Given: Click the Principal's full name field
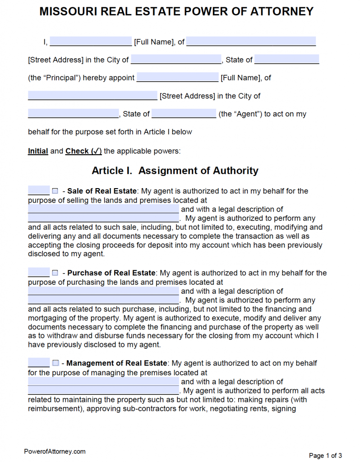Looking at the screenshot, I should coord(91,42).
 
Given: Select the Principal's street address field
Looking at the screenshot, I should coord(251,42).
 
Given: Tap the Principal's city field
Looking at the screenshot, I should coord(176,60).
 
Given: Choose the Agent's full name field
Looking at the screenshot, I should coord(177,78).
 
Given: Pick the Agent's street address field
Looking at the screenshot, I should coord(92,96).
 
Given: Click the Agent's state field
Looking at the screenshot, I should coord(184,114).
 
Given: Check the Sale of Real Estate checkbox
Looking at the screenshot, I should coord(55,191).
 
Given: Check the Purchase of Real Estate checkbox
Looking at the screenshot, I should coord(55,273).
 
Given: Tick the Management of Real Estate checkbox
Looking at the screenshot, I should coord(55,363).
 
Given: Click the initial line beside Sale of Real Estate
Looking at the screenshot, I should coord(38,191).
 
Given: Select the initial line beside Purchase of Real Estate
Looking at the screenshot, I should coord(38,273).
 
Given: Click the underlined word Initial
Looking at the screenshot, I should coord(38,151).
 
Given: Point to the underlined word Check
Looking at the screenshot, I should coord(77,151).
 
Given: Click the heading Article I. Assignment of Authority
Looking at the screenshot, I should coord(175,171).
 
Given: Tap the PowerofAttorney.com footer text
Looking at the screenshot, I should coord(55,451).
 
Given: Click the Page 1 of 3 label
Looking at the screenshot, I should coord(325,455).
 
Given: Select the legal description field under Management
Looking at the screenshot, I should coord(103,390).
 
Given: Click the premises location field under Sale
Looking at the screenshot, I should coord(103,209).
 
